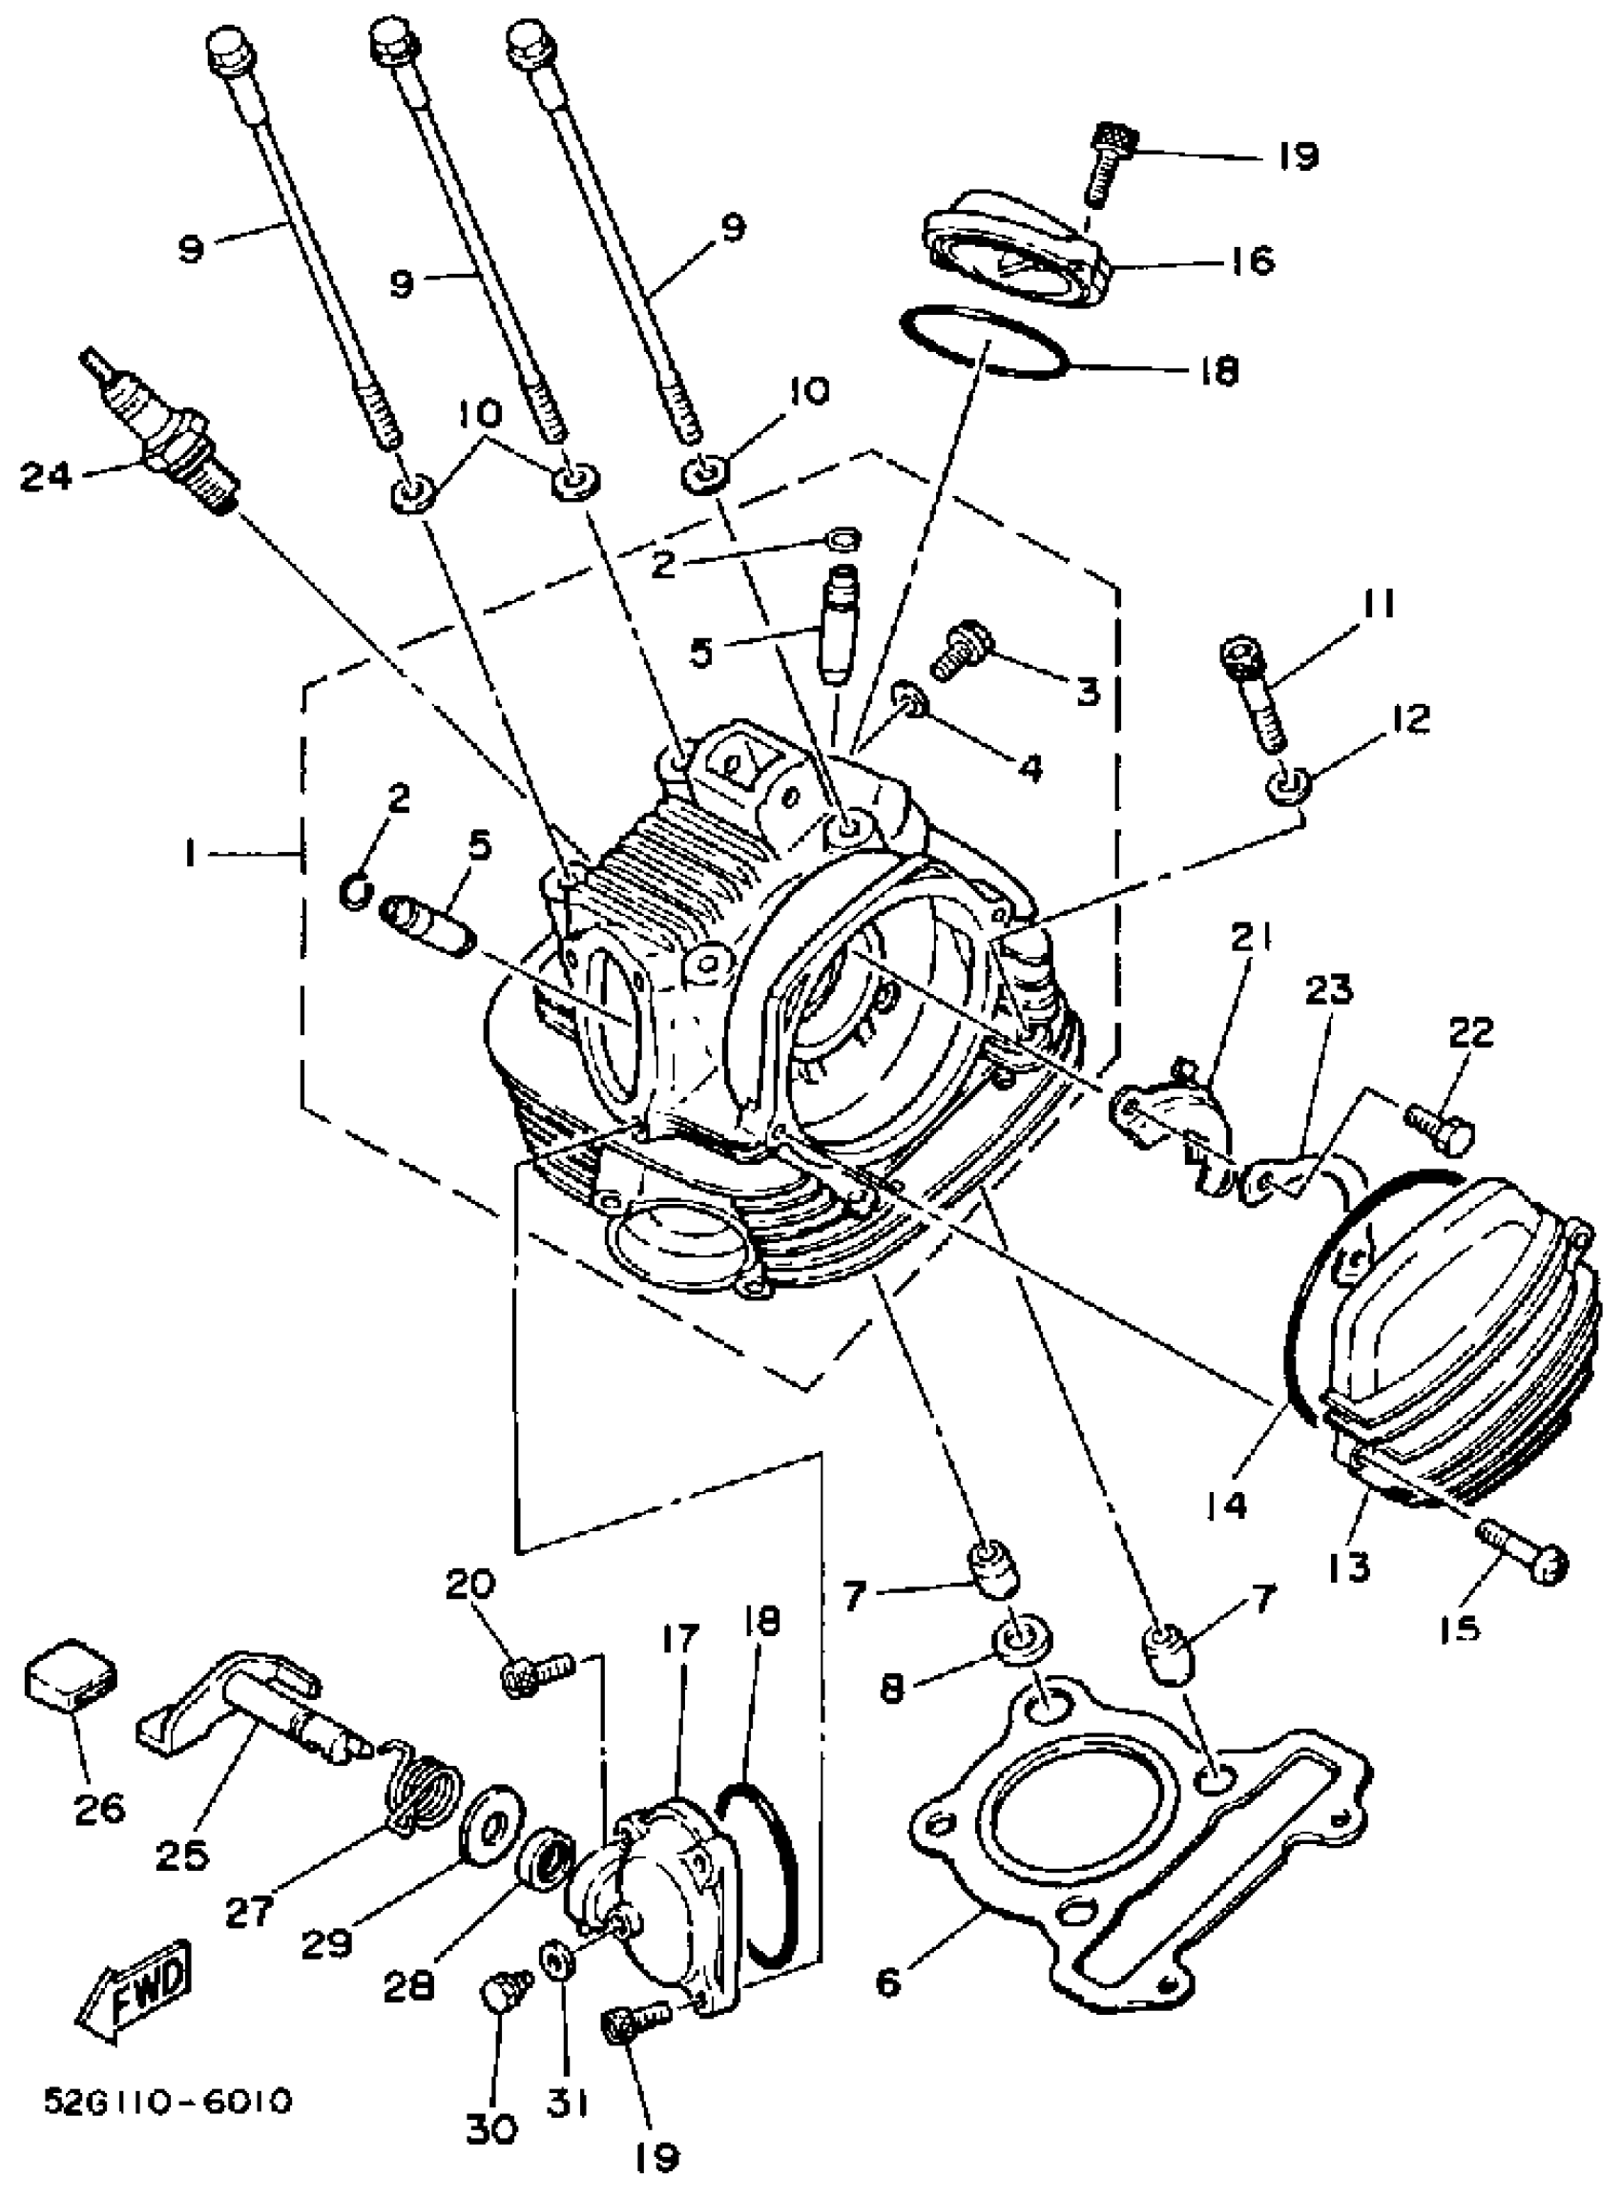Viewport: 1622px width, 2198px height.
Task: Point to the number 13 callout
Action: point(1349,1566)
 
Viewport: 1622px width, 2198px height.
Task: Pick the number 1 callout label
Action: point(190,855)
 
